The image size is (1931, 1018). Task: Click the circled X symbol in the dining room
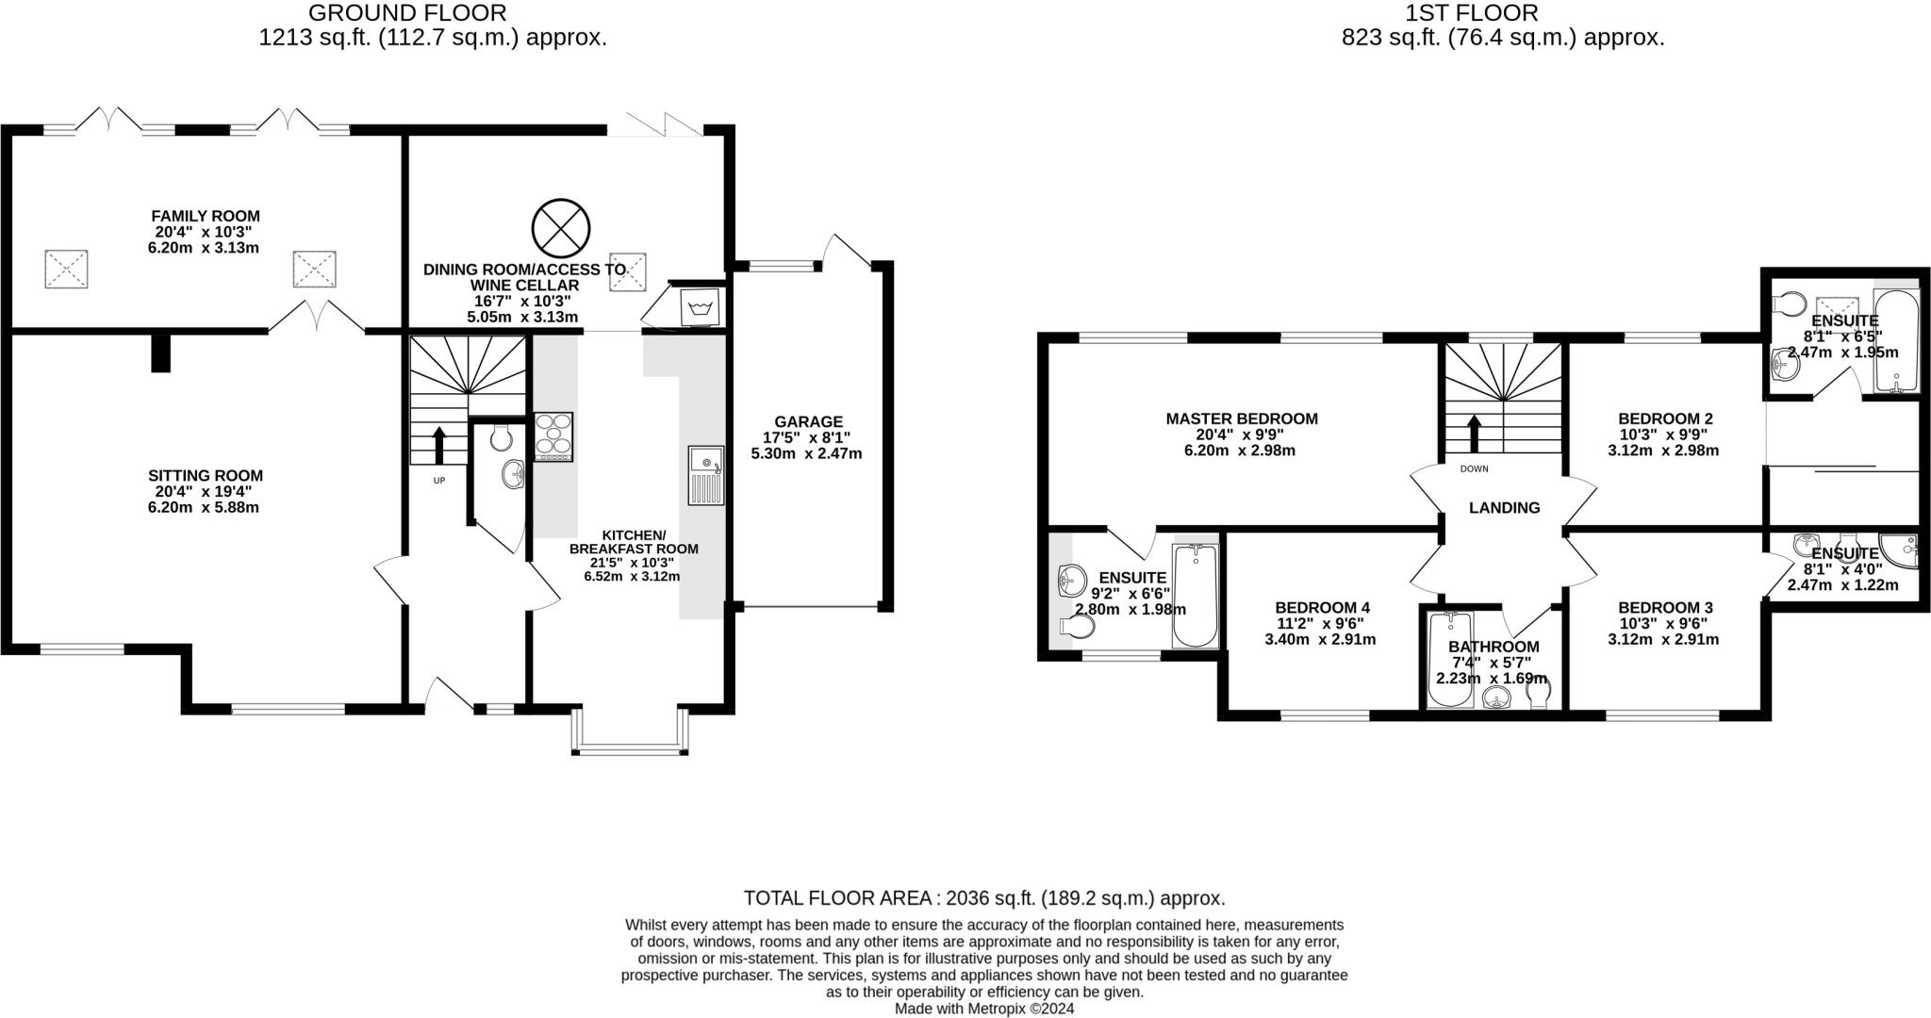click(560, 228)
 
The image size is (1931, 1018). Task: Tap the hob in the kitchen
click(553, 436)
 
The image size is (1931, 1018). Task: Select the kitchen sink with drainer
click(705, 475)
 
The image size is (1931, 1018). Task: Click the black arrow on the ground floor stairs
click(438, 444)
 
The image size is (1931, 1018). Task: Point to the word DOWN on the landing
click(1474, 468)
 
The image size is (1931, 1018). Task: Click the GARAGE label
click(808, 421)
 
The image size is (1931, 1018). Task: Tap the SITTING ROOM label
click(206, 475)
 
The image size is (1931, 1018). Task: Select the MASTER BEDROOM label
click(1241, 419)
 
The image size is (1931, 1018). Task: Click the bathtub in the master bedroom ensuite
click(1195, 595)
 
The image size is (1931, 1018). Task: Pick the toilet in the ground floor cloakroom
click(502, 436)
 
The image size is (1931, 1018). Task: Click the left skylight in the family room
click(66, 269)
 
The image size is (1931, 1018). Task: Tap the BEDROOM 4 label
click(1321, 608)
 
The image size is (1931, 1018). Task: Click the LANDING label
click(1504, 507)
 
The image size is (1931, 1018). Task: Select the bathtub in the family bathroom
click(1448, 660)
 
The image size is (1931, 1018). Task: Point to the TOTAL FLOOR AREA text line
click(983, 897)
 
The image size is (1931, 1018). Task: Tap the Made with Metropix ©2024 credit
click(983, 1008)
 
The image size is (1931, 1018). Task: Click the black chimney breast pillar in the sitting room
click(161, 353)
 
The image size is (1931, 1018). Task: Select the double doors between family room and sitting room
click(317, 319)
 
